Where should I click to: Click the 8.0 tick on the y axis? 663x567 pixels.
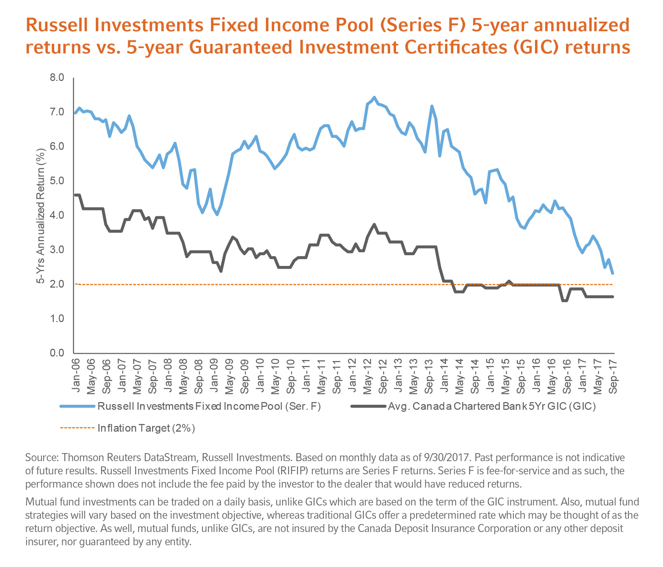click(x=57, y=78)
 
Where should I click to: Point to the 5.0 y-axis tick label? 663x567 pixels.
click(x=57, y=181)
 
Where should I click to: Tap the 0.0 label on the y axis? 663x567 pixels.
click(x=57, y=353)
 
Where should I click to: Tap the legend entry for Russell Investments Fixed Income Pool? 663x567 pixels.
click(x=209, y=406)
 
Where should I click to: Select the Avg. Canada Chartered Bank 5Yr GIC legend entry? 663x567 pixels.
click(x=492, y=406)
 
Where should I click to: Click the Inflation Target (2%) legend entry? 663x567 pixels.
click(x=146, y=428)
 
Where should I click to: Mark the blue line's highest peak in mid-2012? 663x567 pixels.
click(x=374, y=97)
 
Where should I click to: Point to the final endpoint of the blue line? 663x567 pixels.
click(x=612, y=273)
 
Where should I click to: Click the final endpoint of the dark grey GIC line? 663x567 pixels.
click(x=612, y=297)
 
